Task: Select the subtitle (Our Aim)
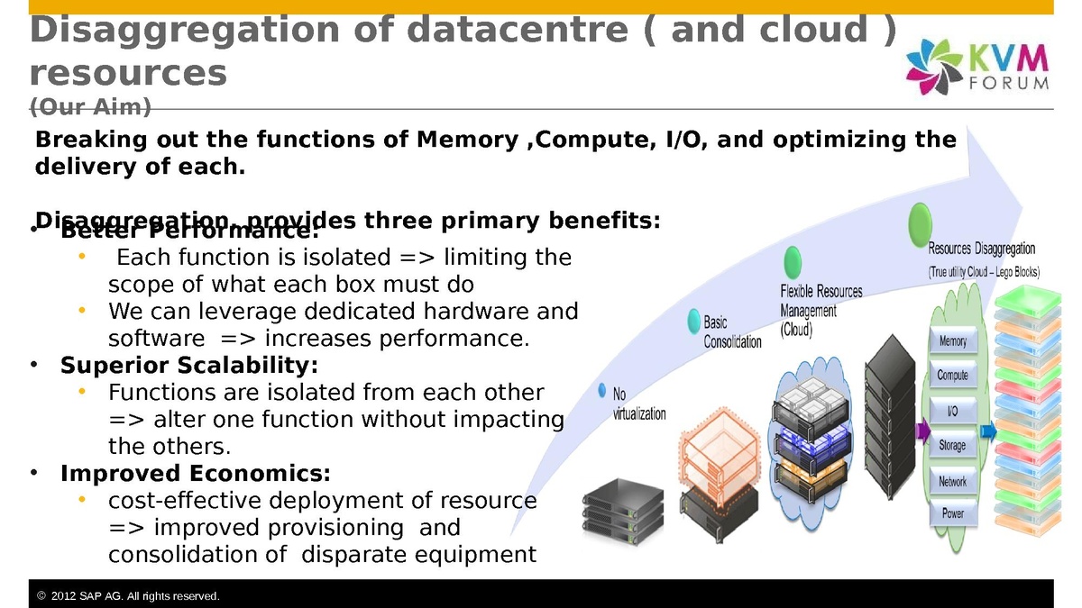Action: click(90, 107)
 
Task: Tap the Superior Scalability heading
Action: click(189, 366)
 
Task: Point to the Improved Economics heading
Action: click(195, 473)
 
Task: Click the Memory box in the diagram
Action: click(953, 341)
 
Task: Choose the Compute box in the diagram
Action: click(953, 376)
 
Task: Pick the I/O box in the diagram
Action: click(953, 411)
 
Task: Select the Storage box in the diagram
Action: click(953, 445)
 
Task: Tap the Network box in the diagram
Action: click(953, 481)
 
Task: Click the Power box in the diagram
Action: click(953, 514)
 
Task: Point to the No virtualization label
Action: click(638, 404)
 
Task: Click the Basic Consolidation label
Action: click(732, 332)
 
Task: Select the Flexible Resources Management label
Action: click(821, 311)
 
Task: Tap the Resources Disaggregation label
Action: click(982, 259)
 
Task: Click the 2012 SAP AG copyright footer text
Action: click(135, 596)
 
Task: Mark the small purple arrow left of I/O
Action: click(922, 431)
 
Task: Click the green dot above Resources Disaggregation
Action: click(920, 221)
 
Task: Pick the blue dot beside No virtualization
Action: click(602, 390)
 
